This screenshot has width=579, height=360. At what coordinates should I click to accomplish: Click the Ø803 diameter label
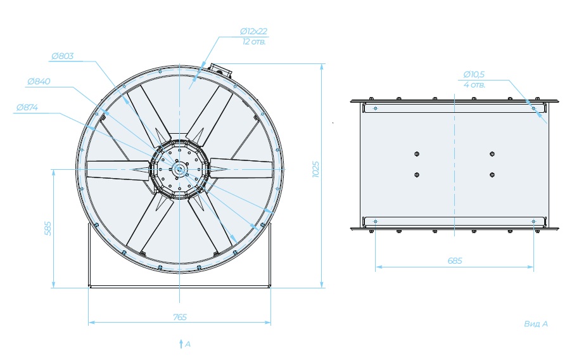tap(63, 56)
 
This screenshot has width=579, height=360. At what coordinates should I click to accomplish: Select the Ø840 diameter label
tap(39, 81)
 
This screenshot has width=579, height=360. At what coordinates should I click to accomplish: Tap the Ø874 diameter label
tap(27, 108)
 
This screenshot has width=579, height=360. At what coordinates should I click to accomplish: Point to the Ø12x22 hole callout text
tap(253, 32)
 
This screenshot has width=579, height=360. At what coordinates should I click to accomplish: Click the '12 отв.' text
tap(254, 42)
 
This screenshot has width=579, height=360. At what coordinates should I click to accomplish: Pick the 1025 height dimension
tap(315, 169)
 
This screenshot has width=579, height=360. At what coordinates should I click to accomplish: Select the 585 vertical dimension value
tap(48, 228)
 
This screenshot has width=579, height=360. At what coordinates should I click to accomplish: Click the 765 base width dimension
tap(180, 317)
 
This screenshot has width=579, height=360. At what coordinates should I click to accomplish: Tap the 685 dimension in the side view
tap(455, 261)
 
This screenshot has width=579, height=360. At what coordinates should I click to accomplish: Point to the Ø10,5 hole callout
tap(474, 75)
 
